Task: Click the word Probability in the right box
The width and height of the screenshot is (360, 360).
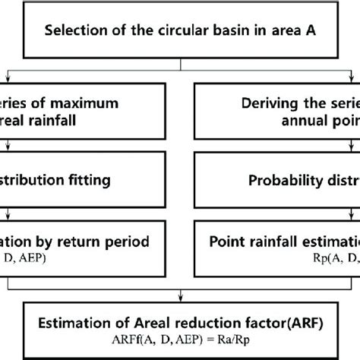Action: pos(277,160)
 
